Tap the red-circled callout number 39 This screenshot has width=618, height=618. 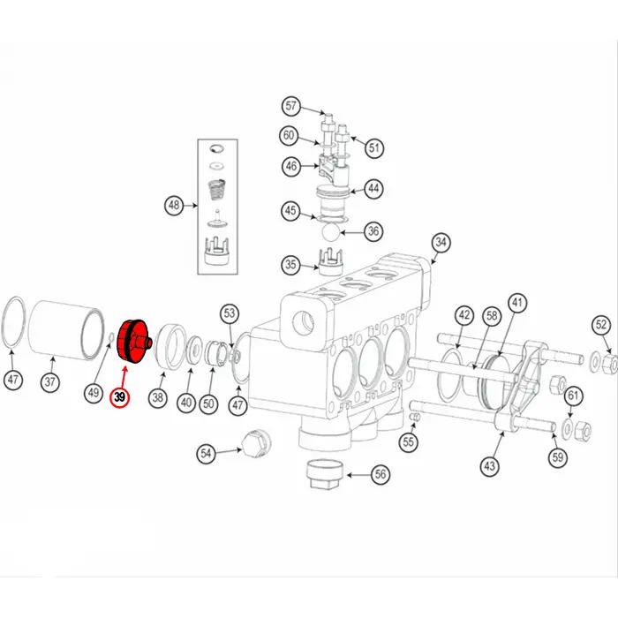tap(119, 397)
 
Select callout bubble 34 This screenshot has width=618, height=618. tap(441, 243)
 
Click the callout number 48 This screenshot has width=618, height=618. tap(174, 206)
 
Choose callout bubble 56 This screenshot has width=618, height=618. tap(381, 474)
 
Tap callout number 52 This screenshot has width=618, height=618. tap(601, 325)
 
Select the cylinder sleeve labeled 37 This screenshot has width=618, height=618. tap(66, 330)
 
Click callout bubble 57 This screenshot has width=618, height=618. tap(290, 106)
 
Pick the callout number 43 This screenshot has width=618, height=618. tap(489, 466)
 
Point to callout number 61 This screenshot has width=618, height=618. tap(573, 396)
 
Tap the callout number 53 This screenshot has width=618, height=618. tap(230, 313)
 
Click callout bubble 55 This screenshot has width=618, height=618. tap(408, 442)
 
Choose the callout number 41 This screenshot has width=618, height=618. tap(517, 303)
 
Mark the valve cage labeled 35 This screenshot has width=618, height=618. tap(330, 261)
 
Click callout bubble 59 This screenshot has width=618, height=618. tap(558, 457)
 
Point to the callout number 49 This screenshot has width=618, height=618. tap(94, 393)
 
